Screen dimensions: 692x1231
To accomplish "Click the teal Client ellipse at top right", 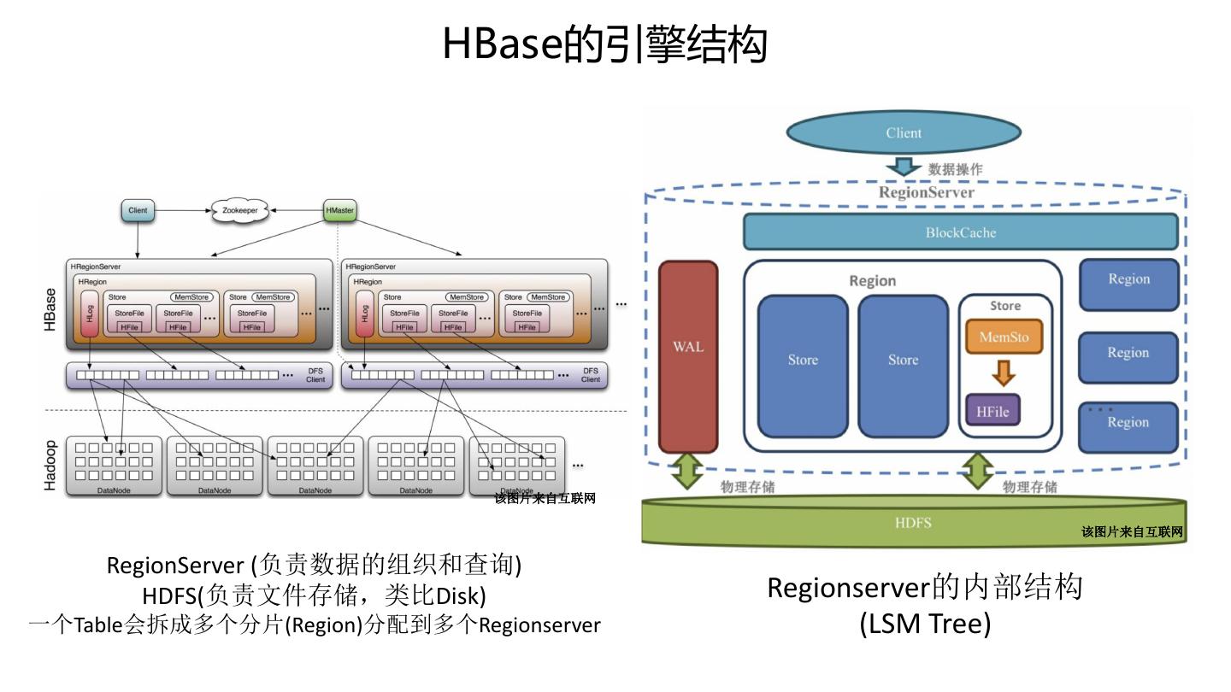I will (903, 132).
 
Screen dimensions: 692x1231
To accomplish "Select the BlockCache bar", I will (960, 232).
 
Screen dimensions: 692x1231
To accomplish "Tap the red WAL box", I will (688, 355).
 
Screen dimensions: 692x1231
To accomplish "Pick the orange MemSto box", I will (1004, 337).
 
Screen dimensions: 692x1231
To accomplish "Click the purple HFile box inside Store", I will (992, 411).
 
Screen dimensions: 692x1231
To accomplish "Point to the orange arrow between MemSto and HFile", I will (1004, 373).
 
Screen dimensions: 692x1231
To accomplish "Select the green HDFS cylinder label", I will (913, 522).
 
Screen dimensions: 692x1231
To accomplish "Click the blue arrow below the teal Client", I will (903, 167).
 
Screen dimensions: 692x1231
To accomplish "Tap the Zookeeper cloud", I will (239, 210).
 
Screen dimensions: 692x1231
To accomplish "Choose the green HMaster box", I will (340, 210).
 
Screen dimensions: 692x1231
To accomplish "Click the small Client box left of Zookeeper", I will (138, 210).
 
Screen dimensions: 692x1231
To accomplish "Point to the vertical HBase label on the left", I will (50, 309).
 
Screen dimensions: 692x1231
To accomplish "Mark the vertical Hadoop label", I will (50, 466).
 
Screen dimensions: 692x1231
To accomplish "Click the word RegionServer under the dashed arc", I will (926, 192).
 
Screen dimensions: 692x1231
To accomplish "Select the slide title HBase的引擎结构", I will (604, 44).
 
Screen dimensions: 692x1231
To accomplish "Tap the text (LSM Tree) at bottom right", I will (925, 624).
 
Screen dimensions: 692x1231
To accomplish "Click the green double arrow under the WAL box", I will (687, 472).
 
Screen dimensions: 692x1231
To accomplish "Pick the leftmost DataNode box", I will (114, 466).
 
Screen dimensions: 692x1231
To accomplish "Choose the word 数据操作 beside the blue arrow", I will (955, 169).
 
